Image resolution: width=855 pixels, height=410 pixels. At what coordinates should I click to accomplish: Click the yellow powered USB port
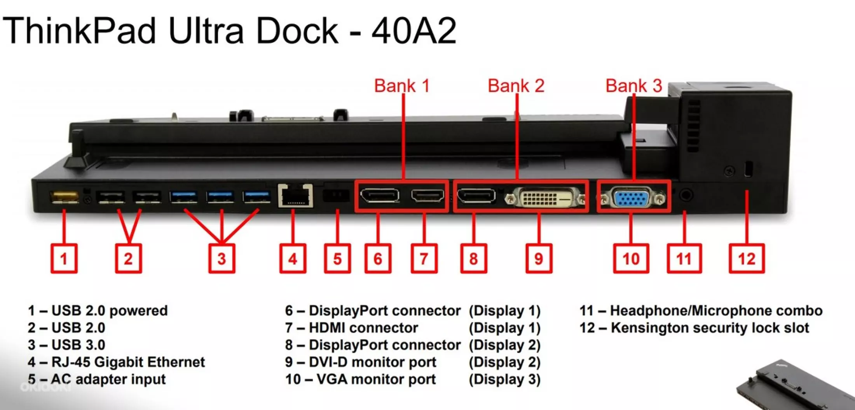click(65, 197)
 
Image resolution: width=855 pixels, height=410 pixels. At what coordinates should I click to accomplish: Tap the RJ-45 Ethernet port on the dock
click(295, 196)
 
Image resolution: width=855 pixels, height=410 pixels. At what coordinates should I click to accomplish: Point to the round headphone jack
click(686, 194)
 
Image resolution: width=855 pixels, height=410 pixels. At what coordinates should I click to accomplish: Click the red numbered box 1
click(64, 259)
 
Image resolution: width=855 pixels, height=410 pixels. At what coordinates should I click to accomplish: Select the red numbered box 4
click(293, 259)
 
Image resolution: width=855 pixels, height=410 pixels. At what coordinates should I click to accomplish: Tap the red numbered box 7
click(424, 259)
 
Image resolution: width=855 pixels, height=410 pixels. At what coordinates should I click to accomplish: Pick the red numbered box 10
click(631, 259)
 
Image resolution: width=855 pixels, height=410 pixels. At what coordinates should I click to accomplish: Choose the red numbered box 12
click(747, 259)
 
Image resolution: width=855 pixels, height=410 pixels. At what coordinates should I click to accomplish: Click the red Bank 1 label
click(402, 86)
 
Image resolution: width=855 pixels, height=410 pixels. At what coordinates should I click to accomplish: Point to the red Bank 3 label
click(633, 86)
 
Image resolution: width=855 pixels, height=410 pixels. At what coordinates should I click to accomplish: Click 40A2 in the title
click(414, 31)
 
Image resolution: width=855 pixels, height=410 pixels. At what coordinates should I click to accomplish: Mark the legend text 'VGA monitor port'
click(376, 379)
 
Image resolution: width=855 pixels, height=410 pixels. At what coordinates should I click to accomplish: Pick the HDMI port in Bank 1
click(427, 196)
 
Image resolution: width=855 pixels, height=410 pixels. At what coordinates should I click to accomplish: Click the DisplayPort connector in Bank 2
click(476, 196)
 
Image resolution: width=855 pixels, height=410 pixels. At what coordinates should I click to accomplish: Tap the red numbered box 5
click(337, 259)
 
